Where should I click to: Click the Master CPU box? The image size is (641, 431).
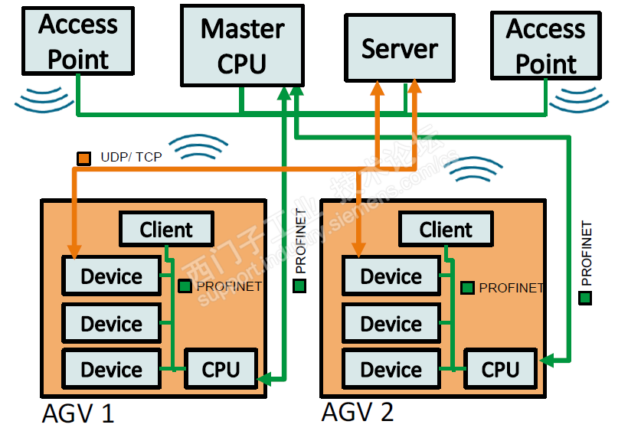click(x=242, y=45)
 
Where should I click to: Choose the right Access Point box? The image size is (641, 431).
click(x=545, y=45)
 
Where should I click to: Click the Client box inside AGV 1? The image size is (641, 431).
click(x=166, y=229)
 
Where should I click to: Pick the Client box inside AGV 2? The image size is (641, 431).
click(x=446, y=229)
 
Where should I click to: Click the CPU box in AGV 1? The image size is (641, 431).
click(x=221, y=370)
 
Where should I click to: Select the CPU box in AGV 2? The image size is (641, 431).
click(x=500, y=370)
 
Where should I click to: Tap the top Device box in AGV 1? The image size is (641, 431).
click(x=111, y=276)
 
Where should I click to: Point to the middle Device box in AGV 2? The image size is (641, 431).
click(x=391, y=324)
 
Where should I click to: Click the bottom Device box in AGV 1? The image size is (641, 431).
click(x=111, y=370)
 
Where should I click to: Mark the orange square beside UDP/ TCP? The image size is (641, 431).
click(x=84, y=158)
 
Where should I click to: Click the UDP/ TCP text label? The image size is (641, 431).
click(x=131, y=158)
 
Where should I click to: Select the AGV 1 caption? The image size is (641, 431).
click(x=77, y=414)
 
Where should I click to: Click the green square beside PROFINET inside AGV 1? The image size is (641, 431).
click(x=185, y=286)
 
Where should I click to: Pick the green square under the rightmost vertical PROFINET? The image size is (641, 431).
click(x=586, y=297)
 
